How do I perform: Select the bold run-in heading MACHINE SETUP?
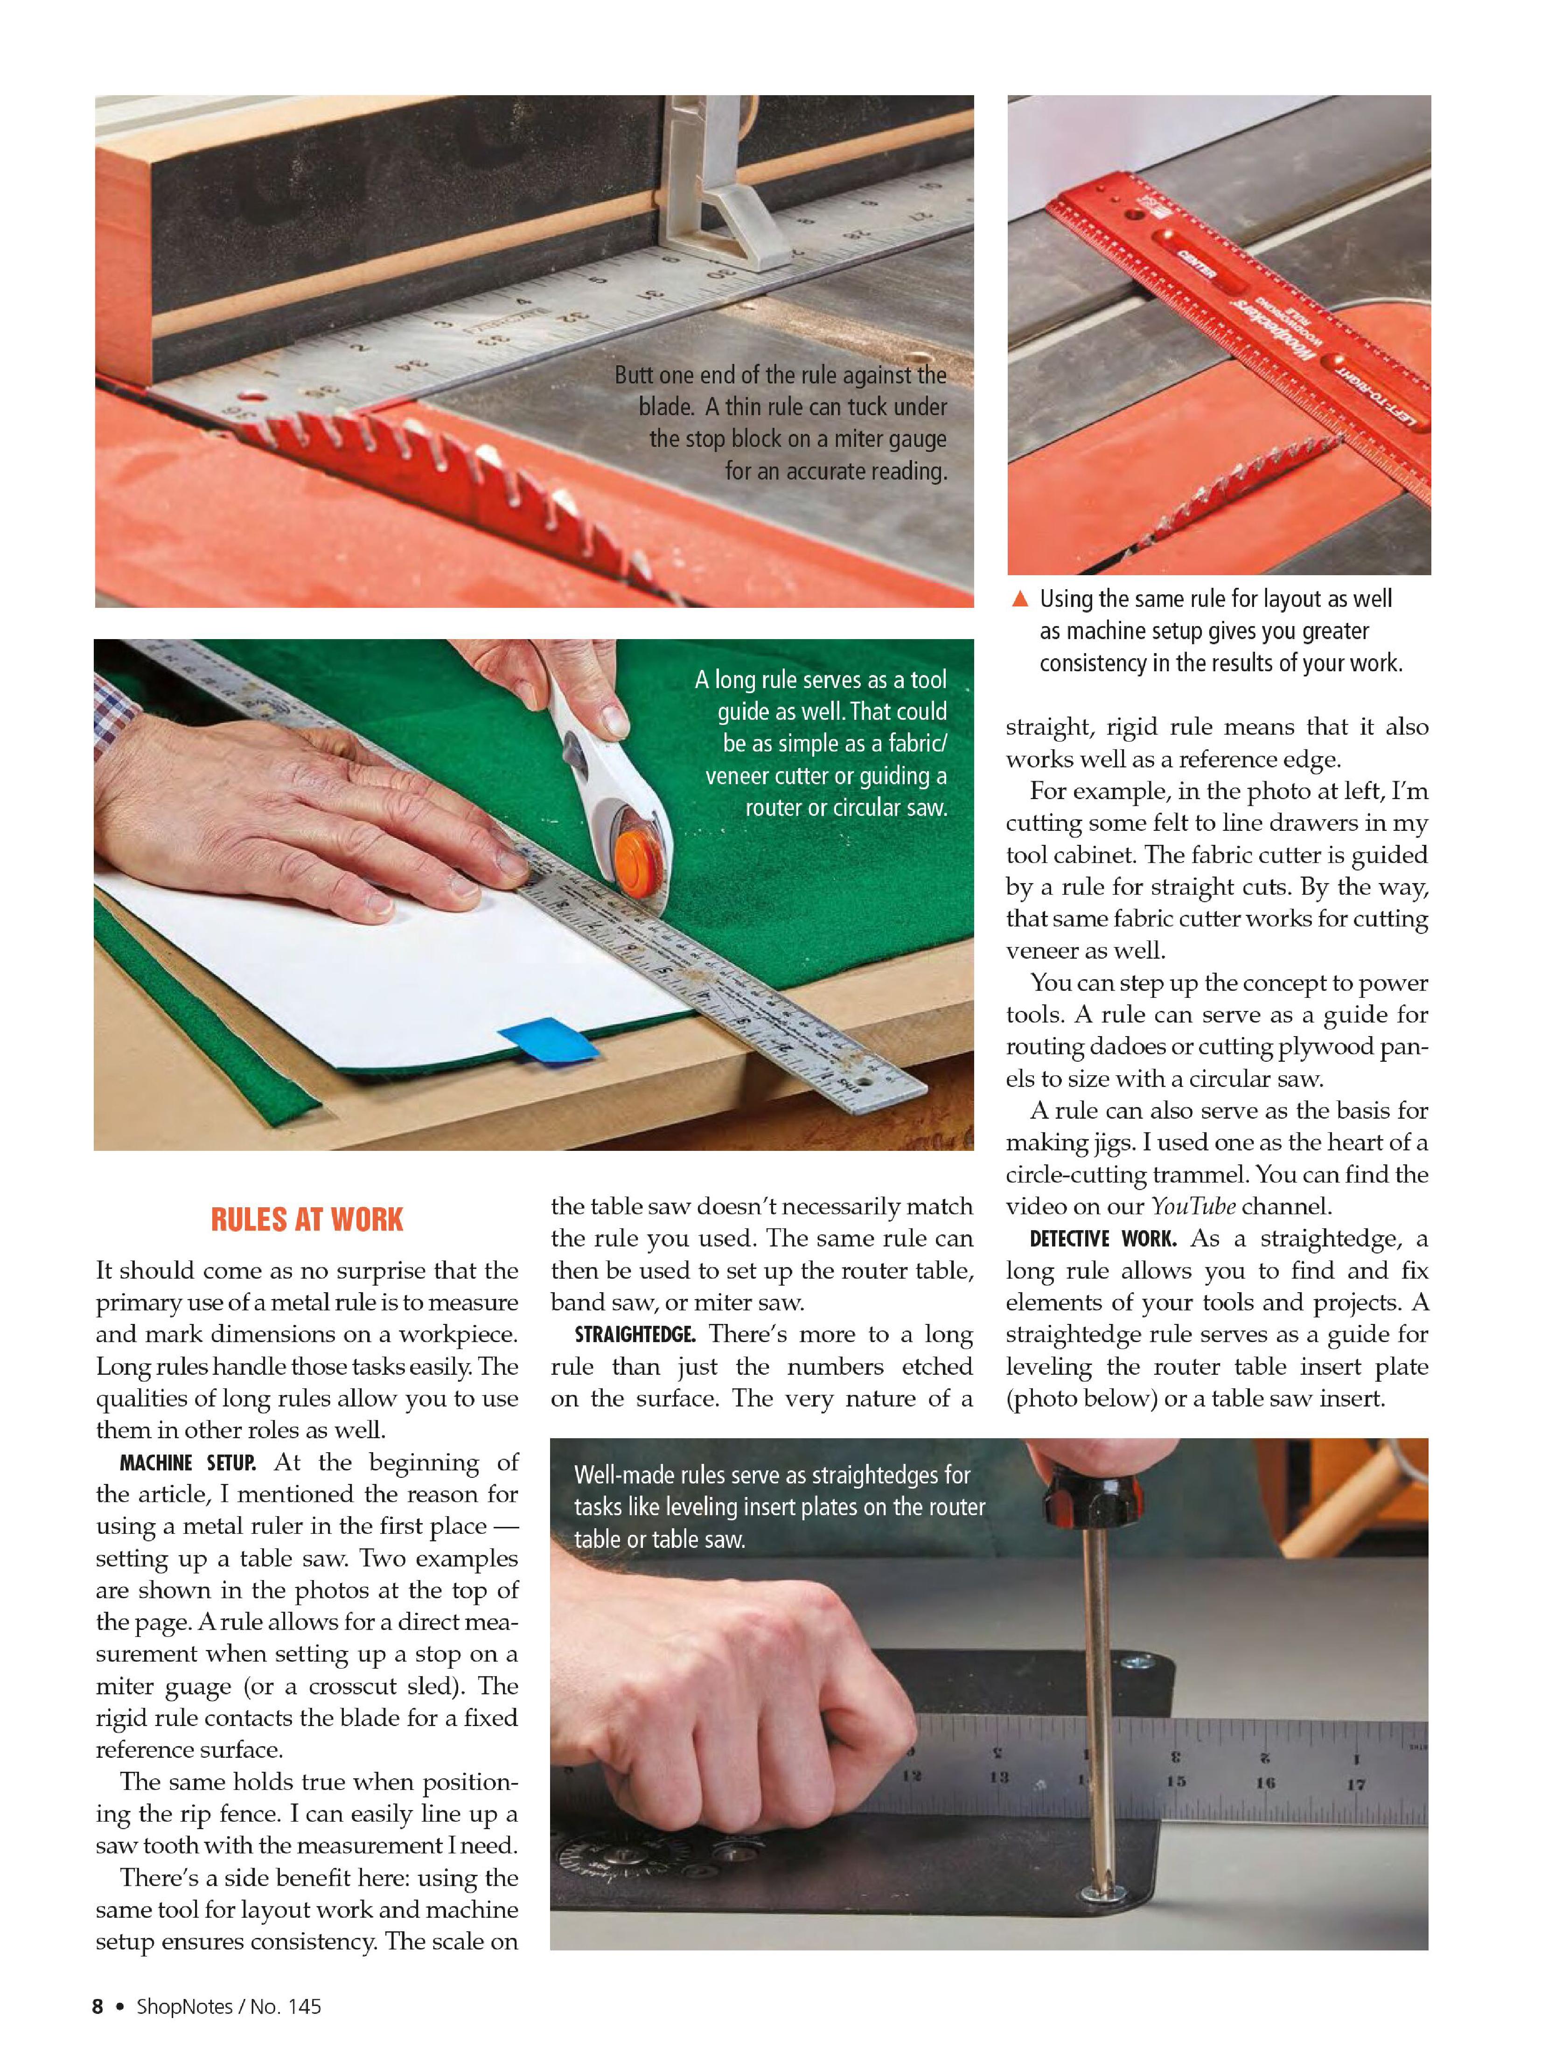[188, 1463]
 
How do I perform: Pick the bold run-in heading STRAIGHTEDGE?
[635, 1335]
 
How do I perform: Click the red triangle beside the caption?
[1020, 598]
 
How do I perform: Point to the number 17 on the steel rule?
[1356, 1785]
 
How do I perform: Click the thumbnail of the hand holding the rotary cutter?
[534, 894]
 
